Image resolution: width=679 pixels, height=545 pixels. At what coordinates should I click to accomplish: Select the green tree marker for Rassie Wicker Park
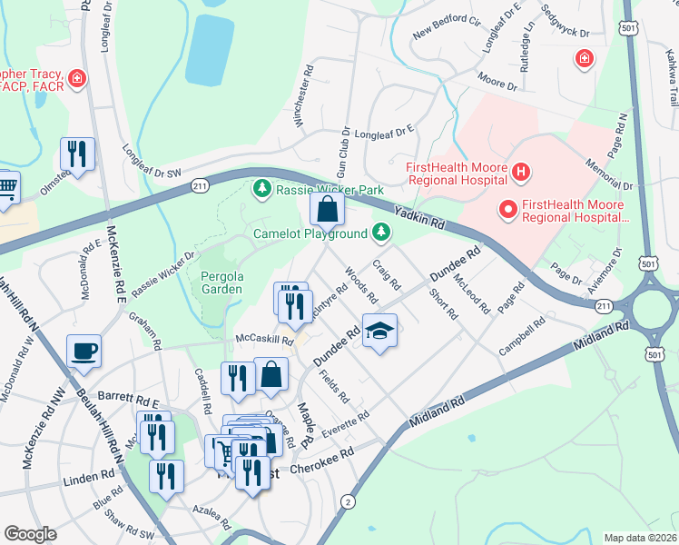coord(262,189)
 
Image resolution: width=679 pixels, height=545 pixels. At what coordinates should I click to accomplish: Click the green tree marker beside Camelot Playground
coord(382,233)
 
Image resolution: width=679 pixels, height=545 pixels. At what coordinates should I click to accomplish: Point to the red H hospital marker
coord(520,170)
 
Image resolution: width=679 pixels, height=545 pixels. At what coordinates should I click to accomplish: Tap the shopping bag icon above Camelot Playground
coord(327,211)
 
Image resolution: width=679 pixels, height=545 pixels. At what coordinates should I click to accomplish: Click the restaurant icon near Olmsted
coord(77,155)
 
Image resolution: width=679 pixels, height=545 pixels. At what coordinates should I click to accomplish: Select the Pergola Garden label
coord(215,282)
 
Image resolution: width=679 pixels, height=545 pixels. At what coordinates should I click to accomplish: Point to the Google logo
coord(30,534)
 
